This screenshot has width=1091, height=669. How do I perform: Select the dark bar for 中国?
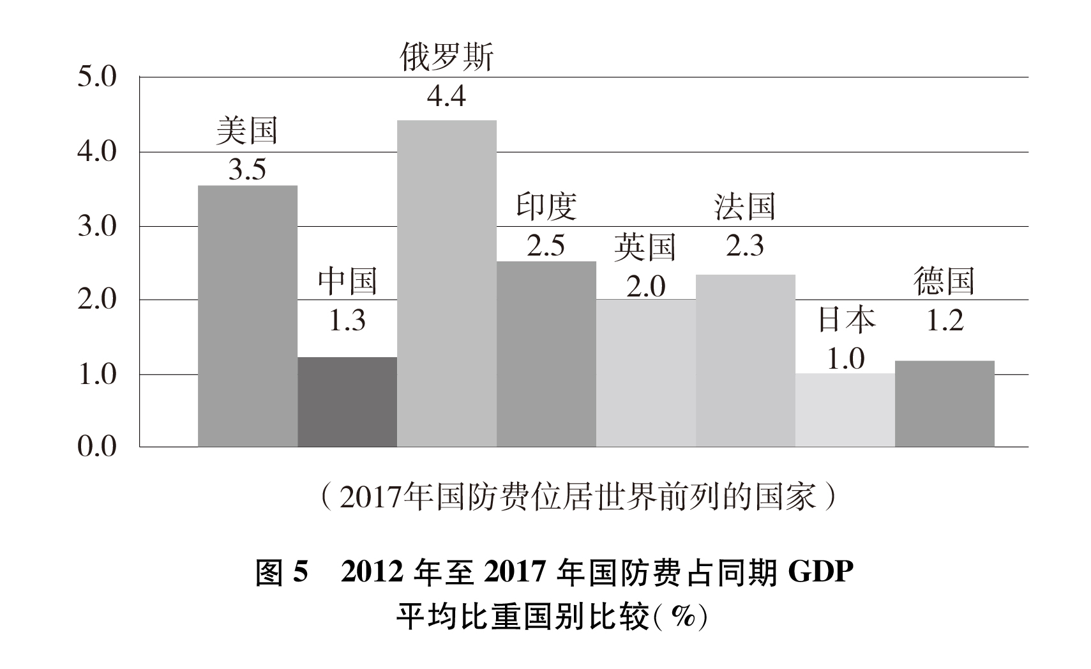[x=347, y=402]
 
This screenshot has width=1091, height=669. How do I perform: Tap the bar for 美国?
[x=247, y=316]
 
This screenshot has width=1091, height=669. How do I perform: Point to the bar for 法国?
[x=745, y=360]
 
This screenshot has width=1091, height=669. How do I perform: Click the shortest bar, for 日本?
[x=845, y=410]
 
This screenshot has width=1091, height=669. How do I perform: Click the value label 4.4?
[x=446, y=96]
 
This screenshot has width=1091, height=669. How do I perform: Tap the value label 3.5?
[x=247, y=170]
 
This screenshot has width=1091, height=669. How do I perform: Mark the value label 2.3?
[x=745, y=246]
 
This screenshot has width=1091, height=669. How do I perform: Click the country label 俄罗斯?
[x=446, y=58]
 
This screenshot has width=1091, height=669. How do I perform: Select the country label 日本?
[x=846, y=319]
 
